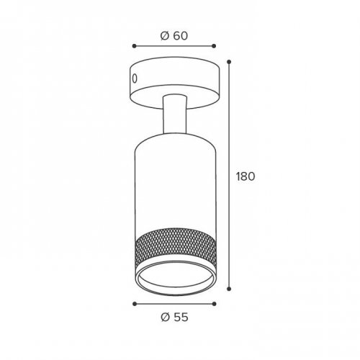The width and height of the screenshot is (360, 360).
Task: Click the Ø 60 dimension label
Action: [x=174, y=36]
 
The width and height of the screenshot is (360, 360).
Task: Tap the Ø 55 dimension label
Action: [x=174, y=318]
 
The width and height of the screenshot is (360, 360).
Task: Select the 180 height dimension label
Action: [x=246, y=176]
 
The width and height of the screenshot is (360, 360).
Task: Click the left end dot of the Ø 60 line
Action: [x=135, y=46]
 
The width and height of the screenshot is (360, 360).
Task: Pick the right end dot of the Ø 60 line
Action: [x=215, y=46]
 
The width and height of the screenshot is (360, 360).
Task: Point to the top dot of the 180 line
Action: [x=229, y=62]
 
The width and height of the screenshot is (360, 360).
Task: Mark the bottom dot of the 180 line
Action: [x=229, y=289]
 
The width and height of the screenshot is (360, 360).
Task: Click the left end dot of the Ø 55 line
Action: [x=135, y=304]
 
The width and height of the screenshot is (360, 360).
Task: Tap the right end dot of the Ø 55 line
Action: [x=215, y=304]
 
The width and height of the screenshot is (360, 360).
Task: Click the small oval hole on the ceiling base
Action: [x=135, y=78]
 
